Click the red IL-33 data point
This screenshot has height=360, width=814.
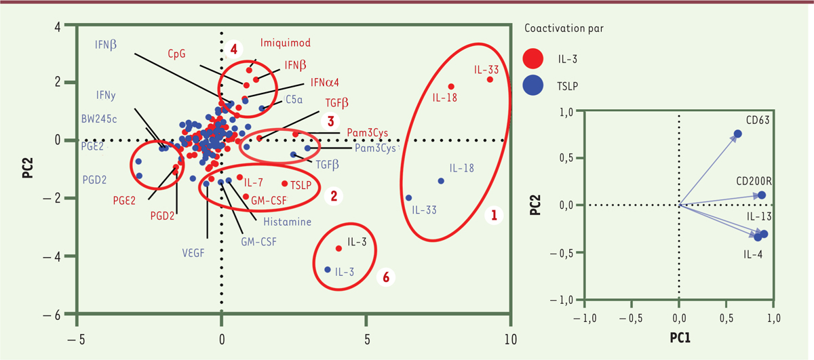[490, 79]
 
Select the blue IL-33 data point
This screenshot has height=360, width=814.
[408, 198]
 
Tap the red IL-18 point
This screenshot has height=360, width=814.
[451, 86]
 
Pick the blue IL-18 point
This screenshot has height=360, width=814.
[441, 181]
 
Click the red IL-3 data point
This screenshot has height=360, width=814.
[339, 248]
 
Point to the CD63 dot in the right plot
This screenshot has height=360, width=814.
[738, 134]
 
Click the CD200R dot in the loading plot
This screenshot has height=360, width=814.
[762, 195]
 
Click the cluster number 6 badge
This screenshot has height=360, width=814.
[386, 277]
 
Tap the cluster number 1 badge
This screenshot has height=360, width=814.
[494, 216]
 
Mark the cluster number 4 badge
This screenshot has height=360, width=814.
[233, 49]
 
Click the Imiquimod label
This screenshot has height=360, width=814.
[286, 43]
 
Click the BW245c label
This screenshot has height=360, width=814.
[96, 119]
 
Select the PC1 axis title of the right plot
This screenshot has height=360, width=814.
[679, 336]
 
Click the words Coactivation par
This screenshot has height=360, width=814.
[564, 29]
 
